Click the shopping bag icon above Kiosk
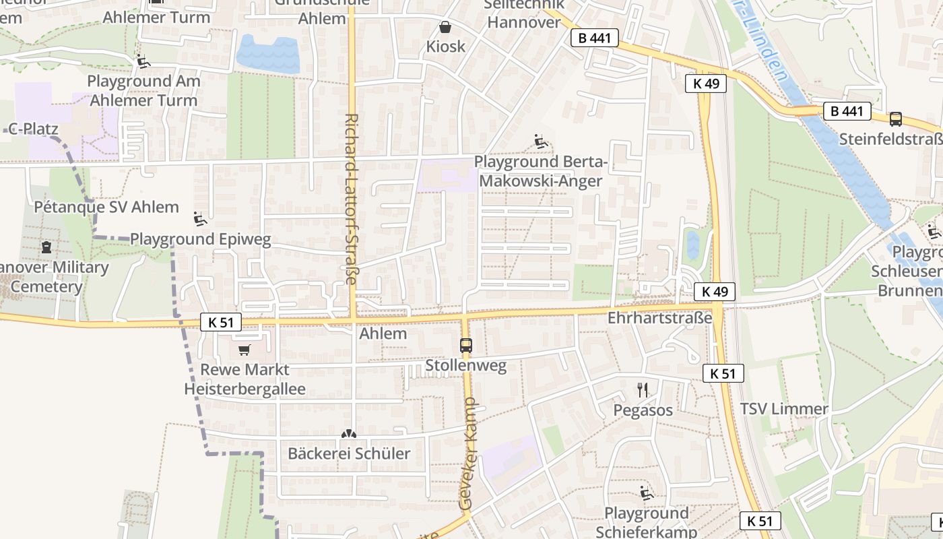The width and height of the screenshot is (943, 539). tap(445, 28)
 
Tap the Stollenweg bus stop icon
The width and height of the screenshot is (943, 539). tap(465, 346)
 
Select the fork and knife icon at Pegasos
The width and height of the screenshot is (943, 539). tap(643, 389)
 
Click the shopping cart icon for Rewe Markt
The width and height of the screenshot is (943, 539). tap(244, 350)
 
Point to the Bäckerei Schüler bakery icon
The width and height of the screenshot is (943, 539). tap(349, 435)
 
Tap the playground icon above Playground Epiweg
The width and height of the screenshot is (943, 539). tap(200, 219)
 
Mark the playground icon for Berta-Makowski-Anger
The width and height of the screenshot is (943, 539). tap(541, 141)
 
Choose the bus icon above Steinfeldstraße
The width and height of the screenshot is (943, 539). tap(895, 119)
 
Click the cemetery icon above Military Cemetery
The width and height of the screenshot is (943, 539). tap(46, 247)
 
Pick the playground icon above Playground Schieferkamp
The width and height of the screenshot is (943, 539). tap(647, 493)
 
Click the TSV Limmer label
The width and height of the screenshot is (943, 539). tap(783, 409)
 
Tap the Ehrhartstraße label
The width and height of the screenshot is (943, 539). tap(659, 317)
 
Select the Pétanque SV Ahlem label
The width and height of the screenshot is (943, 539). tap(106, 207)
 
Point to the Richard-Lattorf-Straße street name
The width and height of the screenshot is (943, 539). tap(351, 198)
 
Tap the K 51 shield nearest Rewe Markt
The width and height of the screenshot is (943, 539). tap(221, 323)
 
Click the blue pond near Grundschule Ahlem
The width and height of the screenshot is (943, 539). tap(268, 53)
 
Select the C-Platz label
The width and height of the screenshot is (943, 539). tap(33, 129)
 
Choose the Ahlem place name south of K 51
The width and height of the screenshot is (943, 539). tap(383, 334)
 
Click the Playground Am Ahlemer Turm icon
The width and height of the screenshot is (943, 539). tap(143, 61)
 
